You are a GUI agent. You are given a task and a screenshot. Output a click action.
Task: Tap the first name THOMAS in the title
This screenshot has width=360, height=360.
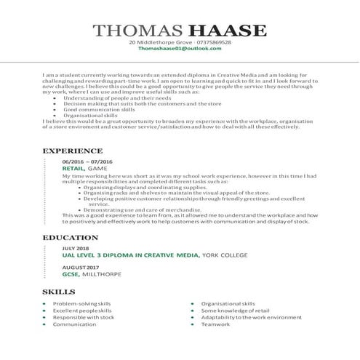[x=149, y=31]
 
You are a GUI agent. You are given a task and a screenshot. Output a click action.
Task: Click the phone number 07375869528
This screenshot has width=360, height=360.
[x=211, y=43]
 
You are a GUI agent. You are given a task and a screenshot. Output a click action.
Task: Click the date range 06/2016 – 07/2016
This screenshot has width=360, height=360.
[x=87, y=161]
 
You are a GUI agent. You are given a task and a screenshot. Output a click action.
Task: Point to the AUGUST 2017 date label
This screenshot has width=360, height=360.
[x=80, y=269]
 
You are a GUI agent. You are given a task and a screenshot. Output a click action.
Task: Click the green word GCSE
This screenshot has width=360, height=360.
[x=70, y=276]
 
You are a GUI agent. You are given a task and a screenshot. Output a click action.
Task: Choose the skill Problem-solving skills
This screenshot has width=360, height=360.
[x=81, y=303]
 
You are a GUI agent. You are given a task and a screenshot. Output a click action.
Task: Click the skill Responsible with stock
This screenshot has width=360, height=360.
[x=84, y=317]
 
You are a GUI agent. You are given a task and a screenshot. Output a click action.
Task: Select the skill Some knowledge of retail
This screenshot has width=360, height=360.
[x=235, y=311]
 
